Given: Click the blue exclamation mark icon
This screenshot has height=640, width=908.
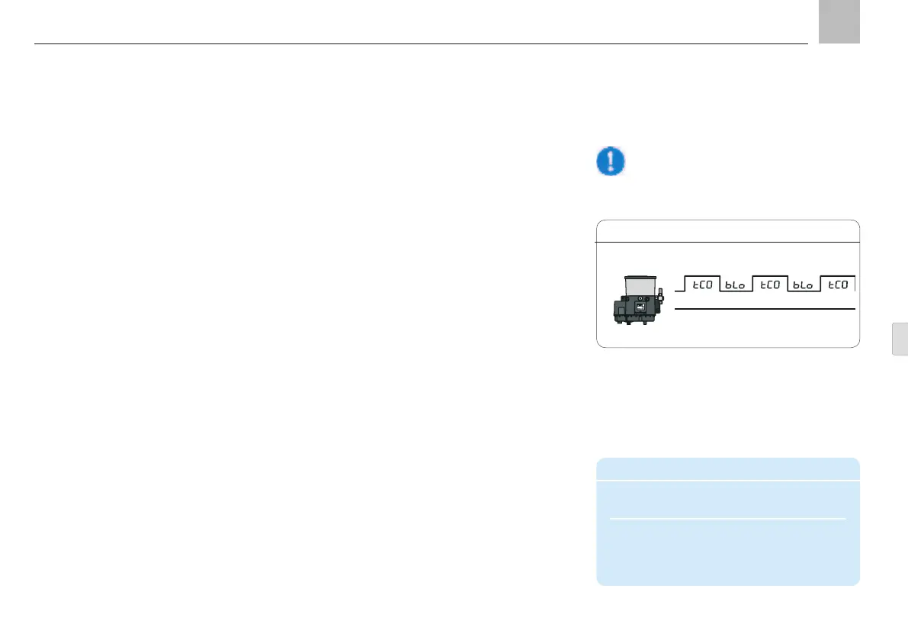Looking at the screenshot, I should pyautogui.click(x=610, y=162).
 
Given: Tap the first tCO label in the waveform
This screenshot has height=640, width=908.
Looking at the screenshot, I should pyautogui.click(x=701, y=285).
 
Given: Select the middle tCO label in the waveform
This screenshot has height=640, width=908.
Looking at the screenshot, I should pyautogui.click(x=769, y=285).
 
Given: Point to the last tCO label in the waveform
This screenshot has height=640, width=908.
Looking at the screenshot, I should pyautogui.click(x=837, y=285).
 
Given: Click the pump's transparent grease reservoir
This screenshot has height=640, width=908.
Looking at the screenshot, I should pyautogui.click(x=639, y=285).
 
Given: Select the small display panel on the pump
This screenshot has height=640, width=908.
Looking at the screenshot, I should pyautogui.click(x=640, y=307).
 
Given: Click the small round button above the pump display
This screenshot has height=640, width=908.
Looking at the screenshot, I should pyautogui.click(x=640, y=297).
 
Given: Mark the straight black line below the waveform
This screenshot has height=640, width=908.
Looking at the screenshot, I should pyautogui.click(x=765, y=309).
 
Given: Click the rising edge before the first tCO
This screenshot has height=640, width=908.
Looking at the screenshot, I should pyautogui.click(x=685, y=285).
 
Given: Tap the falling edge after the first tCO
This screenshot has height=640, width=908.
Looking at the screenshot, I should pyautogui.click(x=719, y=285).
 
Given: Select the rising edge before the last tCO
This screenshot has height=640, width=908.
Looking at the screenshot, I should pyautogui.click(x=820, y=285).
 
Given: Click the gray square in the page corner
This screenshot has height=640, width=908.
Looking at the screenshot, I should pyautogui.click(x=839, y=21).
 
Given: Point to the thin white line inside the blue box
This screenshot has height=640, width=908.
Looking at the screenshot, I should pyautogui.click(x=728, y=519).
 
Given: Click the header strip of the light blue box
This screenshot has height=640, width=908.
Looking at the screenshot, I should pyautogui.click(x=728, y=469).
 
